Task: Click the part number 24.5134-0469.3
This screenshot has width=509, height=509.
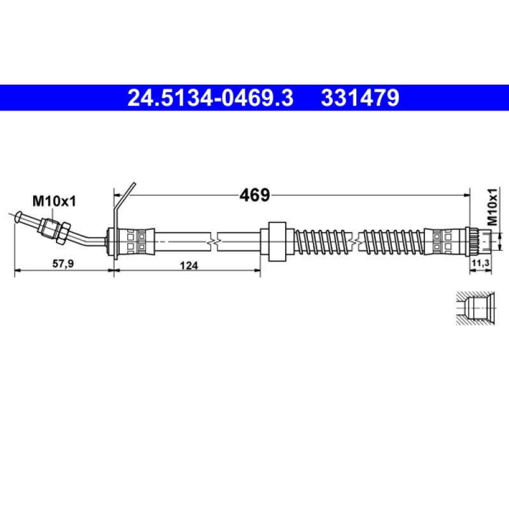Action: tap(211, 98)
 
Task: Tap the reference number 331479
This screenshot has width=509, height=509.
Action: tap(360, 98)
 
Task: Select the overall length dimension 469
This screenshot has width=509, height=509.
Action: tap(254, 195)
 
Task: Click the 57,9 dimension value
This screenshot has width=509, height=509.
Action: tap(63, 263)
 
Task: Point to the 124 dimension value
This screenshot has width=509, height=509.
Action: tap(189, 266)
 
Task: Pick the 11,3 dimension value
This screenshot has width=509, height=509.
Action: tap(480, 263)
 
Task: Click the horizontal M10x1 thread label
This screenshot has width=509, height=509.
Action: tap(54, 201)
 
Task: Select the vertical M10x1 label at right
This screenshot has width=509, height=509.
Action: tap(492, 206)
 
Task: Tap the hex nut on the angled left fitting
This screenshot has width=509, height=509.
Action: tap(62, 233)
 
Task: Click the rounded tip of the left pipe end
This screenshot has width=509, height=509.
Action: tap(18, 216)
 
